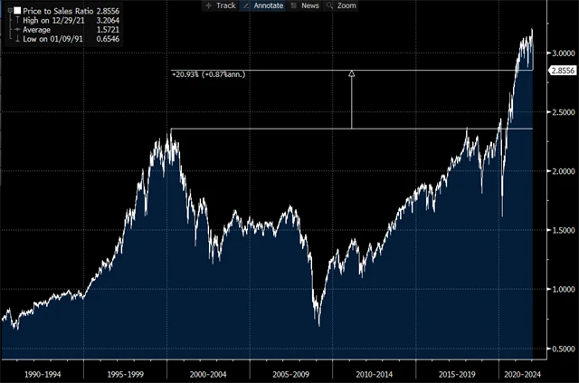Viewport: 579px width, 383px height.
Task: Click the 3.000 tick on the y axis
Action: point(559,53)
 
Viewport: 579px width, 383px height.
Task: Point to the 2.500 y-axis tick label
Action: point(559,112)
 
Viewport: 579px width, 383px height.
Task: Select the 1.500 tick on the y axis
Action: point(559,230)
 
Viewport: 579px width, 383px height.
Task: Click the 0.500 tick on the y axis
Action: point(559,349)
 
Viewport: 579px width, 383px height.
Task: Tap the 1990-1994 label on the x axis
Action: point(42,371)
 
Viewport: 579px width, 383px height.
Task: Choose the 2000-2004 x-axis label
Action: point(208,371)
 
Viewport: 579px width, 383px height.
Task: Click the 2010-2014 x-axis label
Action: point(374,371)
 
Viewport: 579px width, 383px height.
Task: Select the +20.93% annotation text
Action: point(207,73)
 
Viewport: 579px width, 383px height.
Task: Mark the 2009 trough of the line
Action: point(318,321)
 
